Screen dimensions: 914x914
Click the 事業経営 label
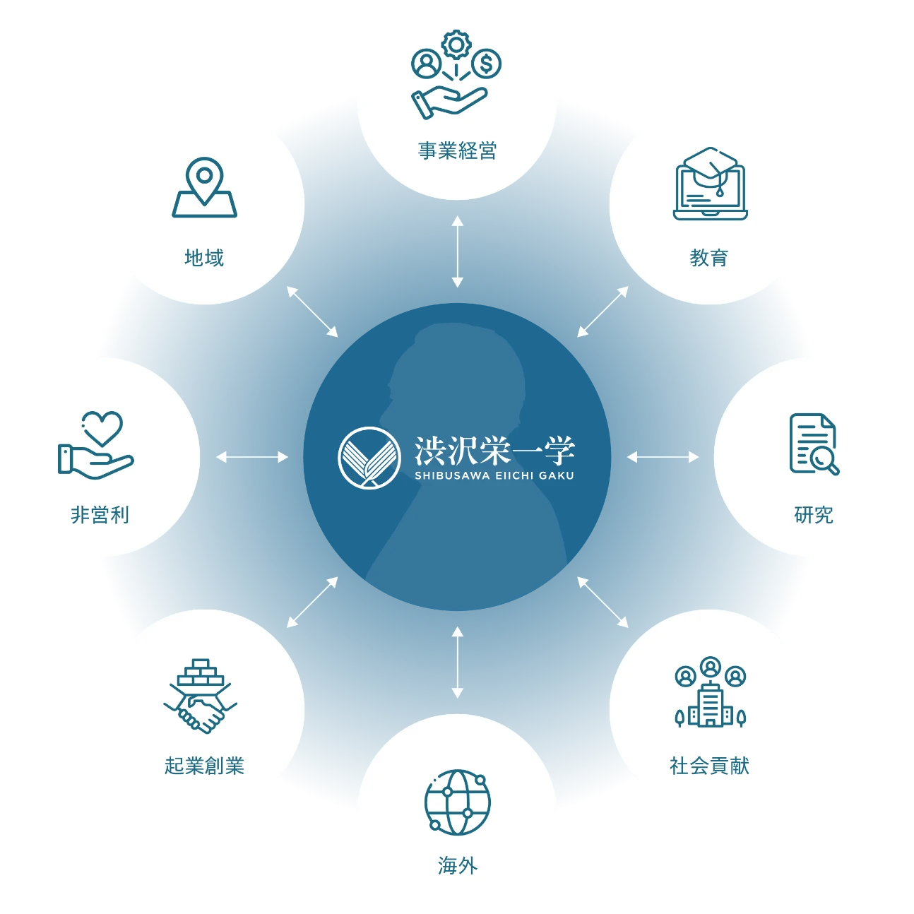click(457, 150)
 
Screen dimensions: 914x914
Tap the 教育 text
click(708, 258)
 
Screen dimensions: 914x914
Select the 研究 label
click(813, 515)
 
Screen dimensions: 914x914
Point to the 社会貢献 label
click(708, 766)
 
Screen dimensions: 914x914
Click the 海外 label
click(457, 865)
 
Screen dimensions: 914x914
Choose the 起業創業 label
click(204, 766)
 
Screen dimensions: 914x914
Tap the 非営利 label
click(100, 515)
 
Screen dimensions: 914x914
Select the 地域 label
click(204, 258)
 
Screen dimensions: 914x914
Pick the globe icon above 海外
click(457, 802)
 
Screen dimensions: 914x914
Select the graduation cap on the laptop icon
click(710, 167)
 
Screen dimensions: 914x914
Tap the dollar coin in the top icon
click(486, 64)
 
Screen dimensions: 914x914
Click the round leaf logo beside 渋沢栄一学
click(365, 457)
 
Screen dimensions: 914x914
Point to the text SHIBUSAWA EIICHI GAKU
click(494, 476)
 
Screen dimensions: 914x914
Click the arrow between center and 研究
click(663, 457)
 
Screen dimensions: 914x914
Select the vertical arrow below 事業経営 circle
click(457, 251)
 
